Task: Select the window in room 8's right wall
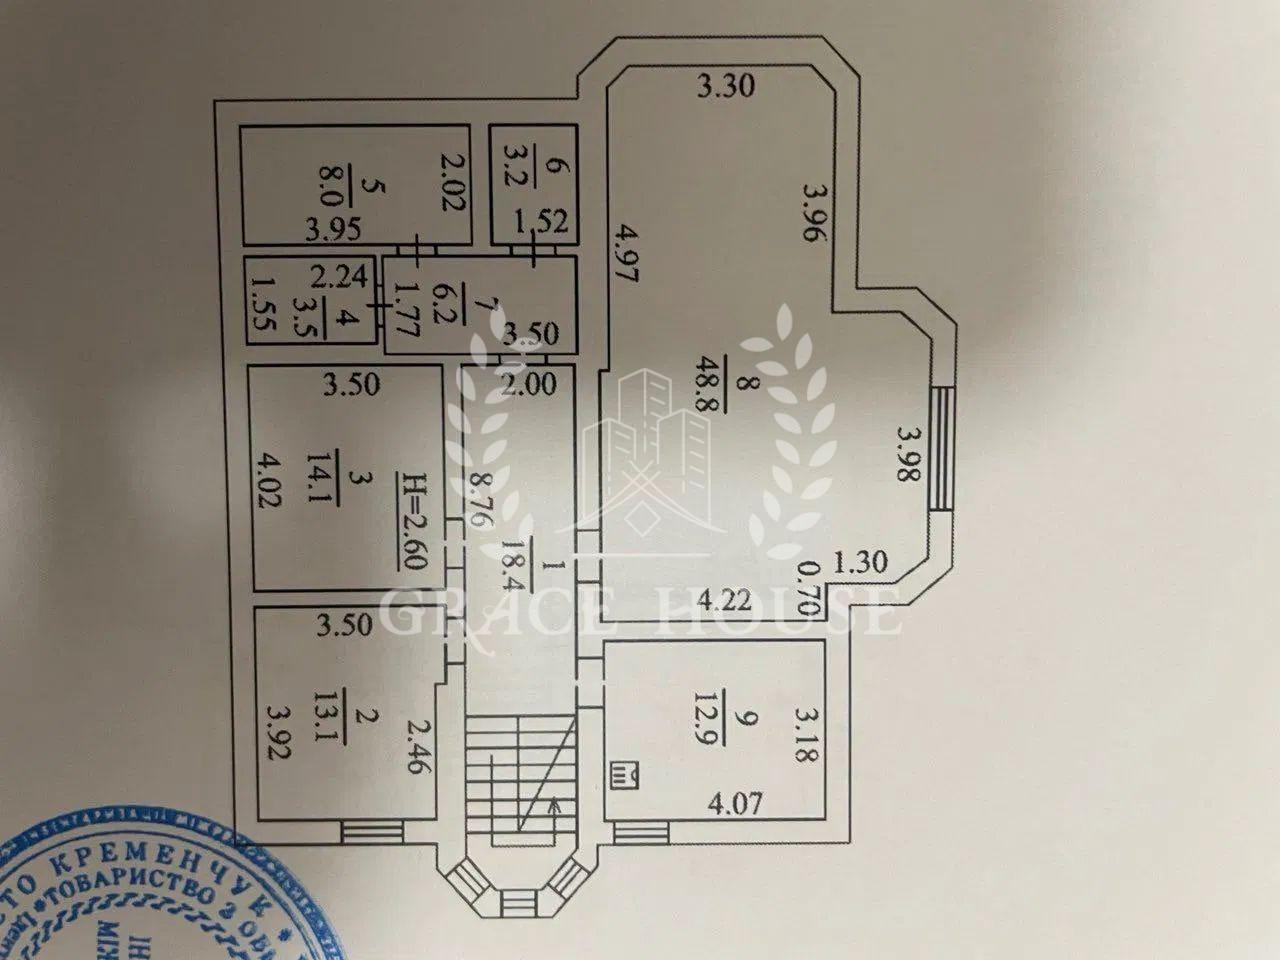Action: [940, 450]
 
